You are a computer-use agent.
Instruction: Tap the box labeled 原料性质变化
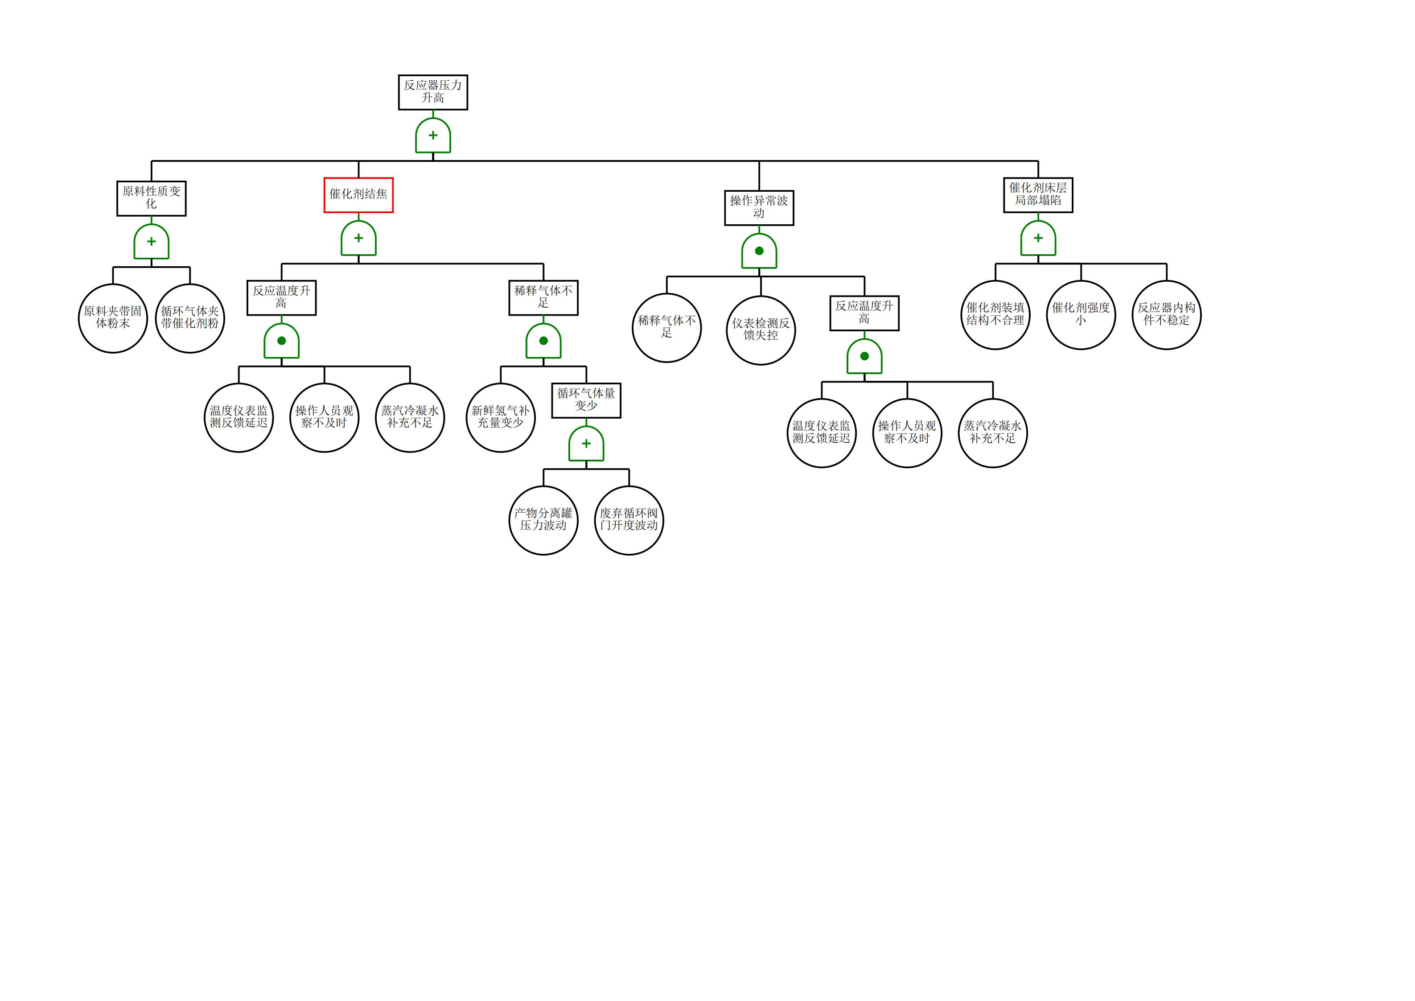[x=151, y=198]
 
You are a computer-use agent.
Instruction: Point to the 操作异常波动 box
[x=759, y=208]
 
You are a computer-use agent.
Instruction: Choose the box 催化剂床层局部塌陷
[x=1038, y=195]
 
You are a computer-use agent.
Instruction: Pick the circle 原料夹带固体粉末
[x=113, y=318]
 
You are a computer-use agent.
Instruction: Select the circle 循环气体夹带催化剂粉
[x=190, y=318]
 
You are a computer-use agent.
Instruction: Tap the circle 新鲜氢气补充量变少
[x=501, y=417]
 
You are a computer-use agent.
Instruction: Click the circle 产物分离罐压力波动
[x=543, y=520]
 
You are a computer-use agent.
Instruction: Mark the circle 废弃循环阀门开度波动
[x=629, y=520]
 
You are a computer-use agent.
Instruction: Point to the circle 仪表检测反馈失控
[x=761, y=330]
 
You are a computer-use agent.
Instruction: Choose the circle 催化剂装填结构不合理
[x=995, y=315]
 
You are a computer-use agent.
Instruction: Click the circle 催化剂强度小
[x=1081, y=315]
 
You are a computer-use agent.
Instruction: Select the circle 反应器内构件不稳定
[x=1167, y=315]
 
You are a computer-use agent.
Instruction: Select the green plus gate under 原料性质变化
[x=151, y=242]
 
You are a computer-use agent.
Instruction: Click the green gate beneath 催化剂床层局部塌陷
[x=1038, y=239]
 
